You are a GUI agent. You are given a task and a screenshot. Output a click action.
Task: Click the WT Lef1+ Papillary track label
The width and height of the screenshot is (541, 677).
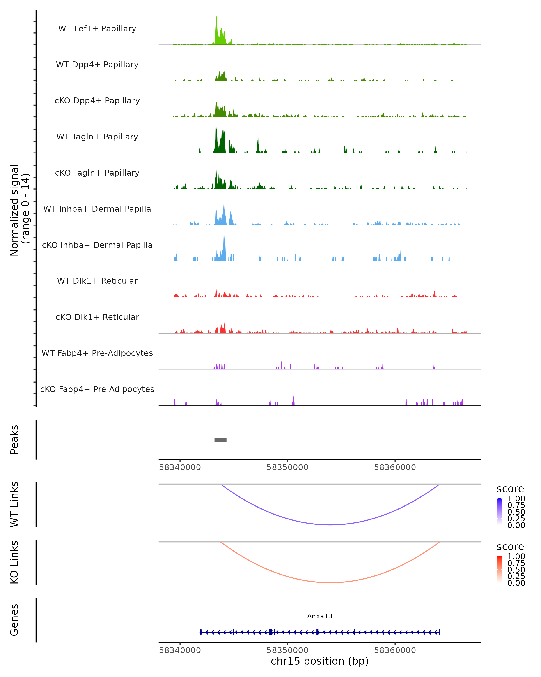click(97, 29)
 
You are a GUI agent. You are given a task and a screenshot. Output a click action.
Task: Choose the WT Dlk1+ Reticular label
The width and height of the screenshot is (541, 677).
click(97, 281)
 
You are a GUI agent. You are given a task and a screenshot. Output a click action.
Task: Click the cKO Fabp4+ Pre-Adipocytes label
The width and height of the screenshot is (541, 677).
click(97, 389)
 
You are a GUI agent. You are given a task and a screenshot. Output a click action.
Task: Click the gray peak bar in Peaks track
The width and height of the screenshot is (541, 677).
click(220, 440)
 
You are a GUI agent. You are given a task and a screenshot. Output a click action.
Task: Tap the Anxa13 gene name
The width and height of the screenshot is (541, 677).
click(320, 616)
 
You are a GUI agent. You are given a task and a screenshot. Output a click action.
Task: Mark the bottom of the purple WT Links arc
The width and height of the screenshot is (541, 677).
click(330, 524)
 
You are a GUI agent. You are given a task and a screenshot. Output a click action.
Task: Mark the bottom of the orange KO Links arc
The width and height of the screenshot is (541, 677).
click(330, 582)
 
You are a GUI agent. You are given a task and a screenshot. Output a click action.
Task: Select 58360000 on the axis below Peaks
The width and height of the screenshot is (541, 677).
click(395, 467)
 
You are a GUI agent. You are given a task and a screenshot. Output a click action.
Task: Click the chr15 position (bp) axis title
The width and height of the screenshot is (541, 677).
click(320, 661)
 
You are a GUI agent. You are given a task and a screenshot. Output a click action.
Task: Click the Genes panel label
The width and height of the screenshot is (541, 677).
click(14, 620)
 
